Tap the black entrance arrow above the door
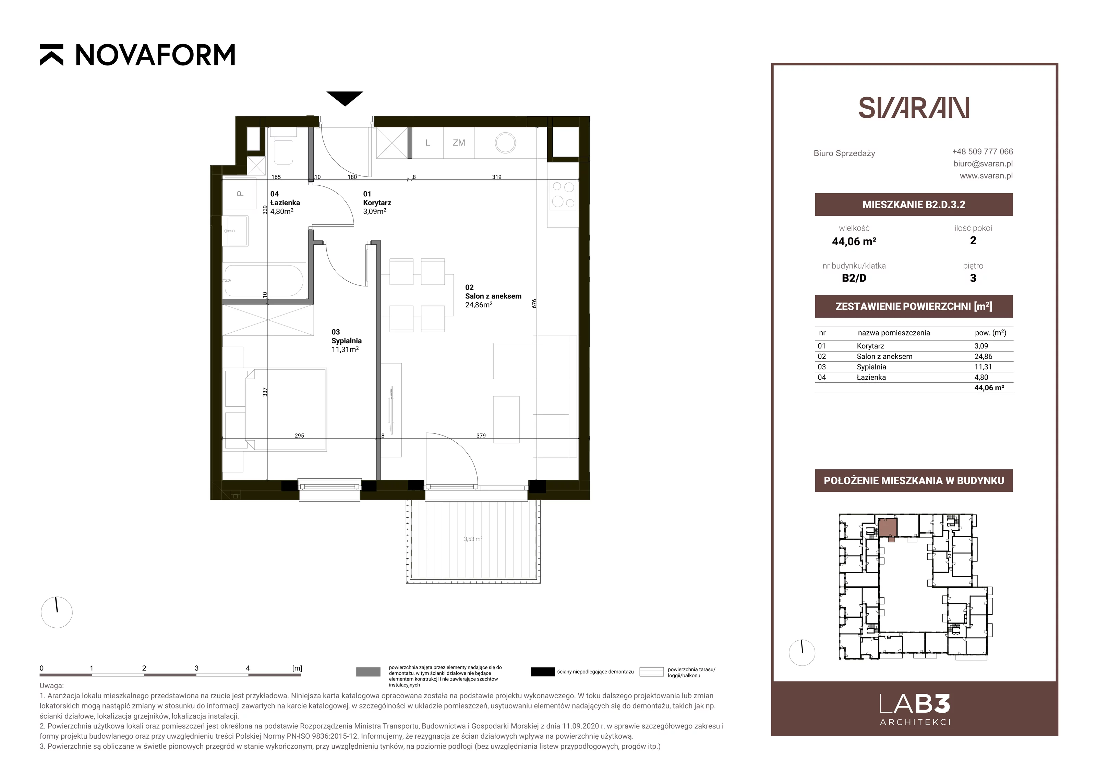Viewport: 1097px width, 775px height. pos(345,98)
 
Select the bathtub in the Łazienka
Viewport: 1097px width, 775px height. pos(263,281)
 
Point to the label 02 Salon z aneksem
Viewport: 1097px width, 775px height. pos(493,296)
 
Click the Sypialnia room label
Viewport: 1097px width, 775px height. pos(346,341)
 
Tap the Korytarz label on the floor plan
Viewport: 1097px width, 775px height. pos(377,202)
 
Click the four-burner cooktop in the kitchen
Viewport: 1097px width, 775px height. pos(563,195)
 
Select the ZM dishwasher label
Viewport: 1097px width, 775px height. pos(459,143)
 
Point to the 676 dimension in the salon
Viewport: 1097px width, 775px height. pos(534,303)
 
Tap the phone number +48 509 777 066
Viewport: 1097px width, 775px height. pos(983,151)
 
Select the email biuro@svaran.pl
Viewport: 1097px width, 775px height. pos(983,163)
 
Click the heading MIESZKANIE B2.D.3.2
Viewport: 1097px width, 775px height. pos(914,205)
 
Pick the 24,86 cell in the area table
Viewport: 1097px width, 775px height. pos(983,356)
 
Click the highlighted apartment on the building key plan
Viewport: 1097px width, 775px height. pos(888,529)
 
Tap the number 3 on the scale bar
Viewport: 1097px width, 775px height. pos(196,668)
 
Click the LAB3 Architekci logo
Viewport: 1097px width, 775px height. pos(915,710)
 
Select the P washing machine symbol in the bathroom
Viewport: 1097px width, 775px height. pos(240,193)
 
